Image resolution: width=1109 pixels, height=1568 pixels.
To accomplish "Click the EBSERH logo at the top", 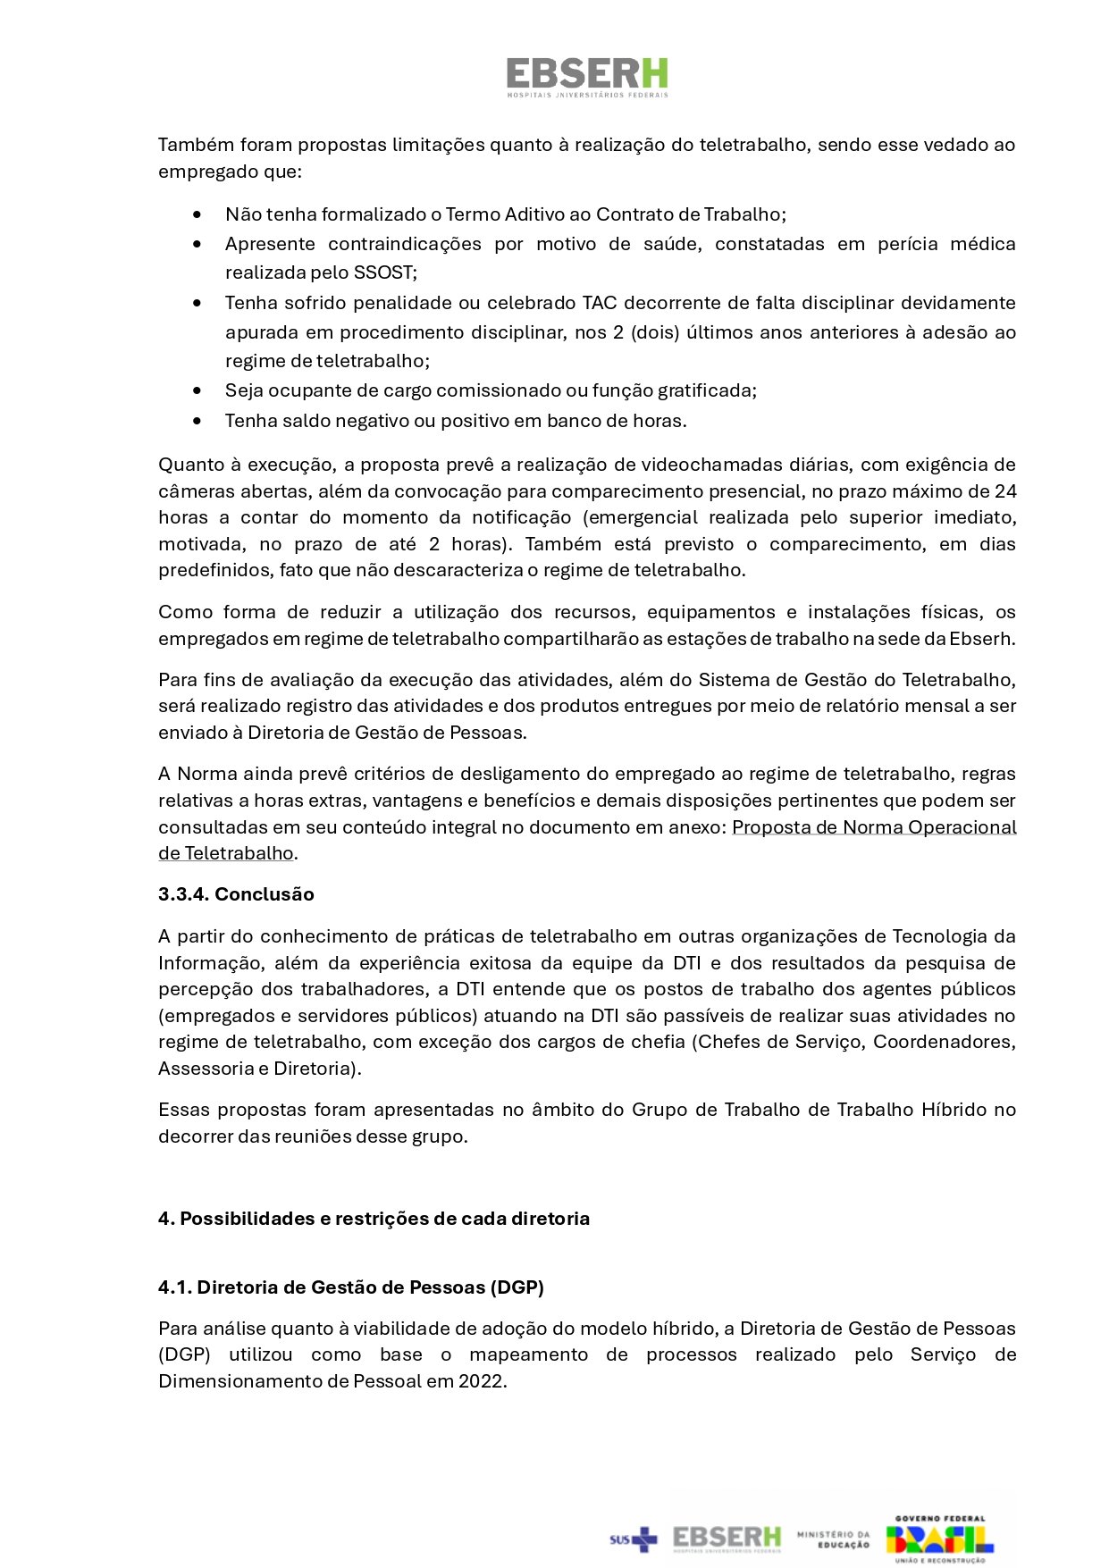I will (587, 77).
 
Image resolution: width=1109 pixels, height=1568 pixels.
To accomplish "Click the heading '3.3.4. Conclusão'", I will (236, 894).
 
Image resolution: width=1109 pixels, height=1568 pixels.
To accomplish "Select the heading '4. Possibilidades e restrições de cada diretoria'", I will (374, 1219).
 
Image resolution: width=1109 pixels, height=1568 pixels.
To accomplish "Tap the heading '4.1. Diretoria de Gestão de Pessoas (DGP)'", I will (351, 1287).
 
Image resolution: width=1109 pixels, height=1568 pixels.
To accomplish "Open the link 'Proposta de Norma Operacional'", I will (874, 827).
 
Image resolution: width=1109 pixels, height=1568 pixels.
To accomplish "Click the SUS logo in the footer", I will (633, 1539).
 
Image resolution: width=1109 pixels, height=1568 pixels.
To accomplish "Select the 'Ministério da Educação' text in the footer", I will (833, 1539).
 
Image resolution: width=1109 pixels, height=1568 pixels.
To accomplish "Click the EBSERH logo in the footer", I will (727, 1539).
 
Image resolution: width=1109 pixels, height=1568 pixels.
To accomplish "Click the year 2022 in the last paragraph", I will (481, 1381).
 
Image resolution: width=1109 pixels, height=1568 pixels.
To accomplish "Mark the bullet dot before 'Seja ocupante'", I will (197, 390).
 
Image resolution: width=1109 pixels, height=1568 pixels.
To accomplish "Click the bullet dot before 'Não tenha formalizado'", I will (197, 214).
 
